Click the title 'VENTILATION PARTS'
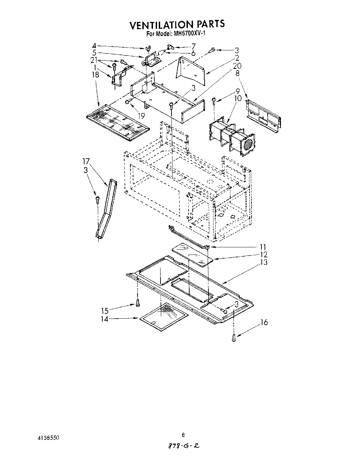(x=177, y=24)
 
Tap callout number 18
(x=95, y=75)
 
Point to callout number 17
(x=86, y=161)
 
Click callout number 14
(x=104, y=319)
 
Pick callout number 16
(x=263, y=322)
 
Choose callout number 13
(x=263, y=262)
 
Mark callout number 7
(x=193, y=46)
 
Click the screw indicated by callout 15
(x=138, y=302)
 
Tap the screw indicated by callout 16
(x=234, y=337)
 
